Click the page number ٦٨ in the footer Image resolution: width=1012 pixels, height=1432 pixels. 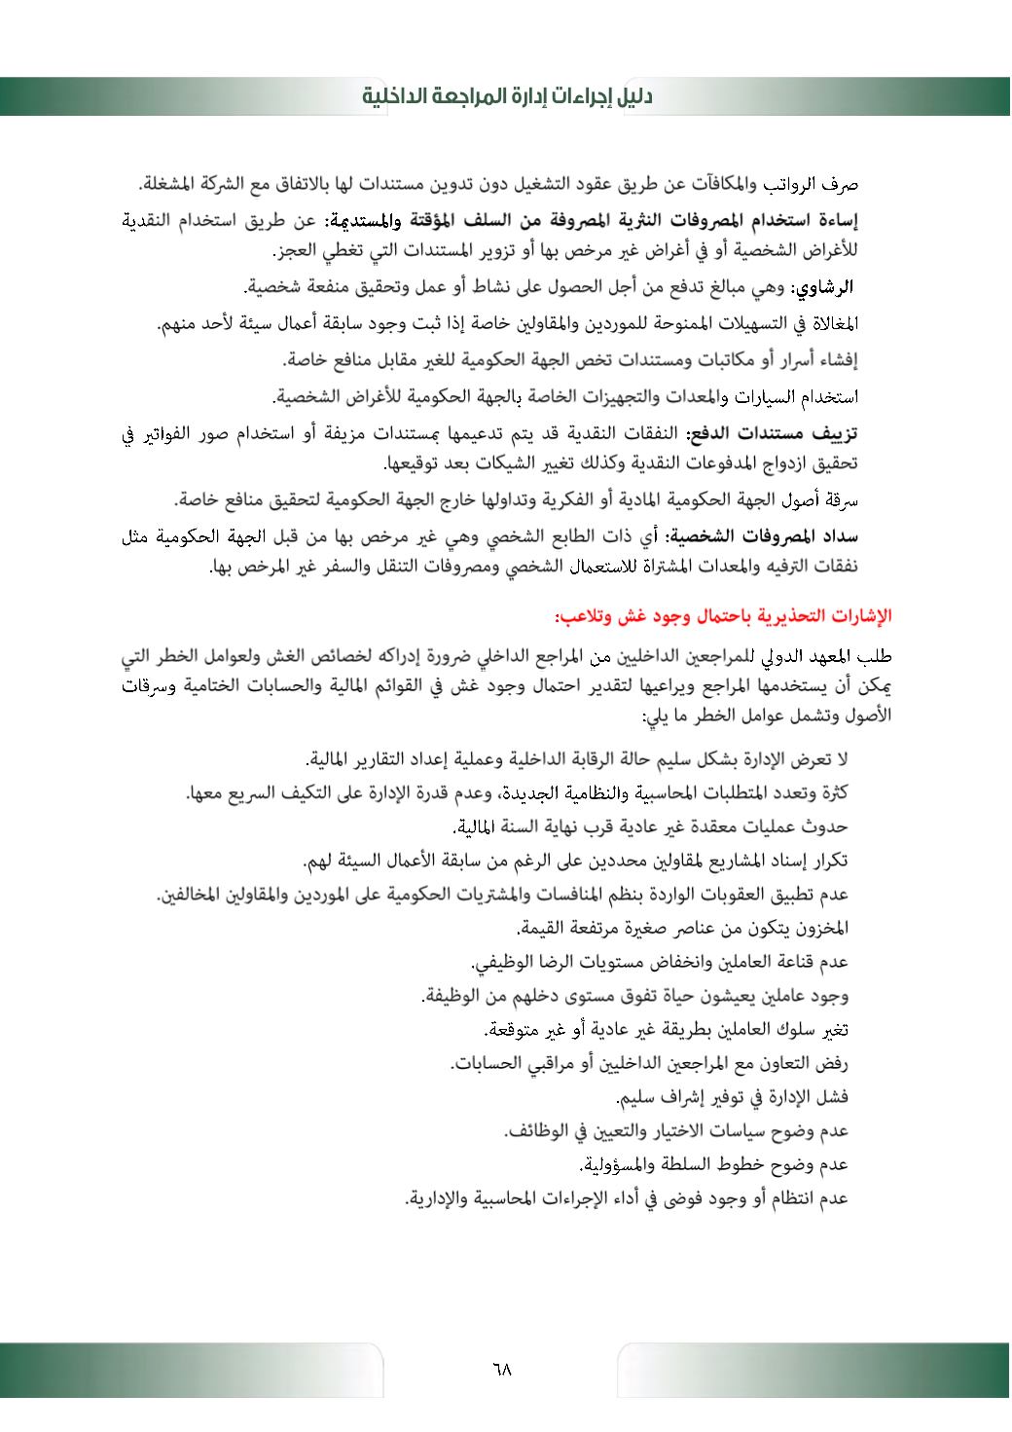(502, 1370)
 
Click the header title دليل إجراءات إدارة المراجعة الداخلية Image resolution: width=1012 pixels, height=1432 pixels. (507, 97)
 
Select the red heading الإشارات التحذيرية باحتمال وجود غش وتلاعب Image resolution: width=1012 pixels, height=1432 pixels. (724, 616)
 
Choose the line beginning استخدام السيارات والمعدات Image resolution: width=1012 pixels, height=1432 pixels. (563, 397)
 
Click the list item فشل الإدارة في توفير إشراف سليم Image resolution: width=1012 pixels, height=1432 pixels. (733, 1097)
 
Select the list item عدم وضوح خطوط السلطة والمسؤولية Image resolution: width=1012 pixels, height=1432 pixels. (714, 1164)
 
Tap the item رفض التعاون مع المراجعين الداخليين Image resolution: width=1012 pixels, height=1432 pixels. (649, 1064)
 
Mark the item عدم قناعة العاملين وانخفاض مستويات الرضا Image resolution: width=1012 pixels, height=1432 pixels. (661, 962)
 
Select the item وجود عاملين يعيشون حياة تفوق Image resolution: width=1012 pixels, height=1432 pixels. (635, 996)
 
